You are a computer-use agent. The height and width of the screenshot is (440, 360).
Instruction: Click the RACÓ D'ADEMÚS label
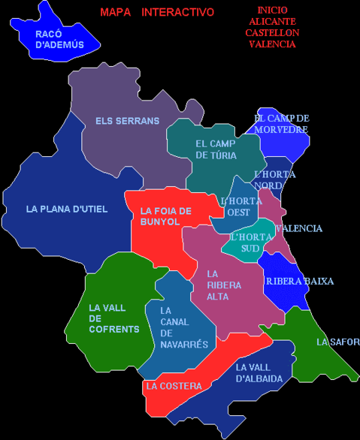[x=59, y=39]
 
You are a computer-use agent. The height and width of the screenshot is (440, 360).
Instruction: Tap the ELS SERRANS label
[x=128, y=121]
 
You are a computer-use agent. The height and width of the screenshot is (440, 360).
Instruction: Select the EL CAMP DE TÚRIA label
[x=216, y=149]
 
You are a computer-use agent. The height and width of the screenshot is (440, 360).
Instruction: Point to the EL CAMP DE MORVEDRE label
[x=281, y=124]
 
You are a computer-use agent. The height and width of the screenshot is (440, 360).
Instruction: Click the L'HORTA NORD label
[x=275, y=180]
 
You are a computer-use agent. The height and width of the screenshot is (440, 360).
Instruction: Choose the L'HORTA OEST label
[x=241, y=206]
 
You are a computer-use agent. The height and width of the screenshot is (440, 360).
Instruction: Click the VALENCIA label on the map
[x=299, y=228]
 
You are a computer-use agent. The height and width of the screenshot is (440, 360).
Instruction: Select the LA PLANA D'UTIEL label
[x=67, y=209]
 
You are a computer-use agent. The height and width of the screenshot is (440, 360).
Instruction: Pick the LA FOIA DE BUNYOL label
[x=166, y=216]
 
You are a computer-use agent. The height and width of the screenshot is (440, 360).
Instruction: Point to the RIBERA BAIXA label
[x=299, y=282]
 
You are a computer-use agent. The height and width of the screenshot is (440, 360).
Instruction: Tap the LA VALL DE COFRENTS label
[x=113, y=318]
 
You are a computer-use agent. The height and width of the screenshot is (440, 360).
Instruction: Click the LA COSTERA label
[x=174, y=386]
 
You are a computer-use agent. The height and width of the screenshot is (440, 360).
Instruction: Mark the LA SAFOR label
[x=338, y=342]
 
